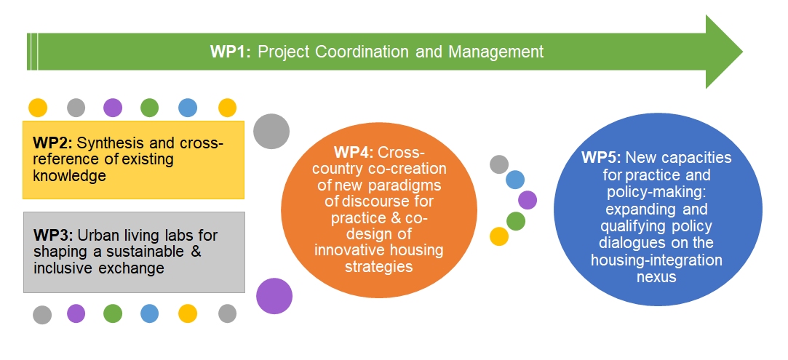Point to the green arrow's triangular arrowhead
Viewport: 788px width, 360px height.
(724, 52)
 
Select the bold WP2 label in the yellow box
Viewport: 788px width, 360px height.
(53, 143)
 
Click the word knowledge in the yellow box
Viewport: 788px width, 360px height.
(70, 176)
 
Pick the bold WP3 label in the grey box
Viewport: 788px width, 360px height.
(53, 235)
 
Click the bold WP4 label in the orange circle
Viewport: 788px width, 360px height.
(354, 152)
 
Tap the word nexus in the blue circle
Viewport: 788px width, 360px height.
(656, 276)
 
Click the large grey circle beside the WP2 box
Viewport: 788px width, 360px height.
(271, 132)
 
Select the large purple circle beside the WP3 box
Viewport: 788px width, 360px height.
(274, 296)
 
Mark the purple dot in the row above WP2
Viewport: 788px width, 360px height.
(113, 108)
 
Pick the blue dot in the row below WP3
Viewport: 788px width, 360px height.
(150, 313)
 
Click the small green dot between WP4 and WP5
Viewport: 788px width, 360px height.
(516, 221)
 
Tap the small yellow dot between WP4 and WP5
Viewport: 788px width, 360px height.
(499, 236)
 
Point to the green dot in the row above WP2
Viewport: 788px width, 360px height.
(150, 108)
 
